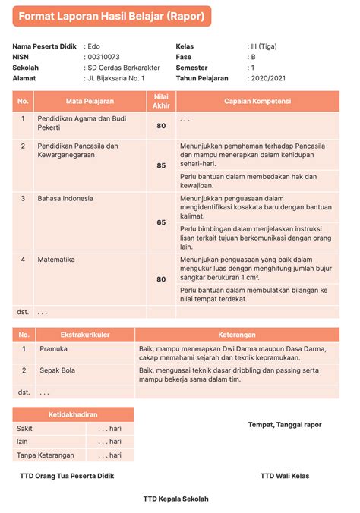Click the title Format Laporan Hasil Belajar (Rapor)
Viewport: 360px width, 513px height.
(x=111, y=16)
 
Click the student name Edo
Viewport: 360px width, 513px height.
(x=94, y=46)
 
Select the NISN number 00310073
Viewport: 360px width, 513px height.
(x=104, y=57)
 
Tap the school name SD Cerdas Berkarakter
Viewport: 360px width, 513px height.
(x=124, y=68)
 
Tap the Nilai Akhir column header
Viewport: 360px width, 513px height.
(x=160, y=101)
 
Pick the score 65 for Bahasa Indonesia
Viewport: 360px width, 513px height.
(x=160, y=222)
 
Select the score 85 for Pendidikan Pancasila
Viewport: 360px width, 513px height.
(x=160, y=165)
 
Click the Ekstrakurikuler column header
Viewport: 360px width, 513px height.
(x=84, y=335)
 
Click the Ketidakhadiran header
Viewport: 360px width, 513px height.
(x=73, y=414)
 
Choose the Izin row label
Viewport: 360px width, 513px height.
(x=24, y=442)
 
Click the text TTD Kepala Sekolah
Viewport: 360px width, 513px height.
(x=175, y=499)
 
